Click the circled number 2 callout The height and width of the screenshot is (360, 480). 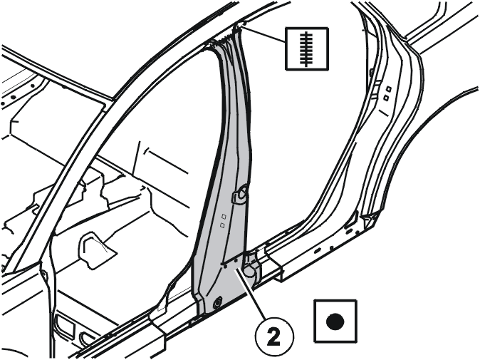[274, 336]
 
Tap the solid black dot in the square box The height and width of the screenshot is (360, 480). [335, 322]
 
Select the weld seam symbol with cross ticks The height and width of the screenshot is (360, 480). [307, 48]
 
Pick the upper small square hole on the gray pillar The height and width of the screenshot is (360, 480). [224, 216]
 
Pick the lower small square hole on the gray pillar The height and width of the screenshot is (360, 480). [222, 225]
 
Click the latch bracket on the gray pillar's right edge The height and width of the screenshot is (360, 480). [241, 194]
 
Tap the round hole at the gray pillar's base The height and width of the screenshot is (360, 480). [218, 302]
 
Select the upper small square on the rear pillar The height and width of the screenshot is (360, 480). [388, 89]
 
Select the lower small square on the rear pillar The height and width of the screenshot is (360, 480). [386, 98]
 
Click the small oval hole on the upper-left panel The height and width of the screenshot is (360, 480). [13, 97]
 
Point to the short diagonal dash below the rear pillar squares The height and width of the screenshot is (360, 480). [384, 113]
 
